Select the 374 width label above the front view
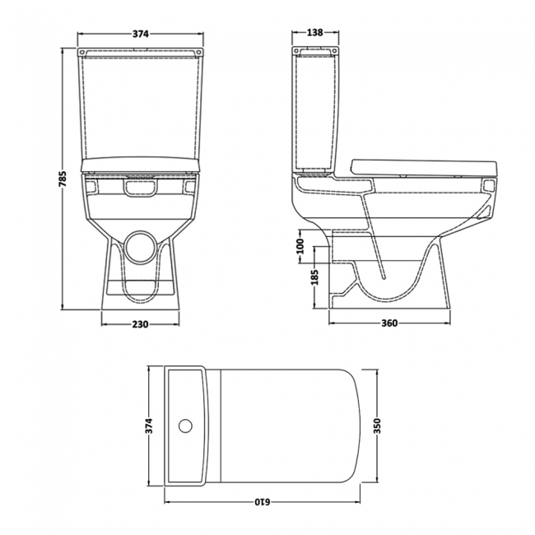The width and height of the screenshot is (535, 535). click(x=140, y=34)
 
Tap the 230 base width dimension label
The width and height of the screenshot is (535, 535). click(x=140, y=323)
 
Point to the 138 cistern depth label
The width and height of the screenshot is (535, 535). click(x=314, y=34)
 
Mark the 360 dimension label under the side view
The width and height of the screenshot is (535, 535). click(x=389, y=323)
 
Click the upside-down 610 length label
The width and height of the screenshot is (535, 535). click(x=262, y=500)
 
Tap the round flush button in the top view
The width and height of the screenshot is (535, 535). click(x=186, y=426)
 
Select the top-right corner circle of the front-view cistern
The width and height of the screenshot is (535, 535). click(x=198, y=51)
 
